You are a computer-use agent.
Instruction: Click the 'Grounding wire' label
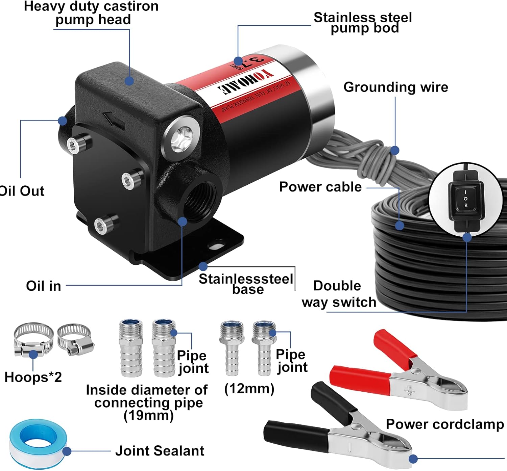(395, 87)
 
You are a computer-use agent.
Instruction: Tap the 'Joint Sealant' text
(160, 451)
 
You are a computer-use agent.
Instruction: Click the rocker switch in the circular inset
(465, 200)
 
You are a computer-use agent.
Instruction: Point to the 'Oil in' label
(44, 286)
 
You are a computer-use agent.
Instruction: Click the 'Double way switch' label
(339, 294)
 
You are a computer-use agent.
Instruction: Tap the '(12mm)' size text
(249, 389)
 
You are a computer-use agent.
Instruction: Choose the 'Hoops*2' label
(33, 377)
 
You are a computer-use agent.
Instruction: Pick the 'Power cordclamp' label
(444, 424)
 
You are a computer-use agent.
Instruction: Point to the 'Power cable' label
(320, 187)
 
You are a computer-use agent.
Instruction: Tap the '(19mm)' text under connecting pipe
(148, 415)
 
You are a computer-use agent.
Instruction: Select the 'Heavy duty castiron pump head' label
(91, 13)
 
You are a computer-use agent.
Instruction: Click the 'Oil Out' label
(22, 191)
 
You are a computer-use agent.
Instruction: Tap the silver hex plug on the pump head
(180, 138)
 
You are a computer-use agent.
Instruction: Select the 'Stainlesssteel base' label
(246, 284)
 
